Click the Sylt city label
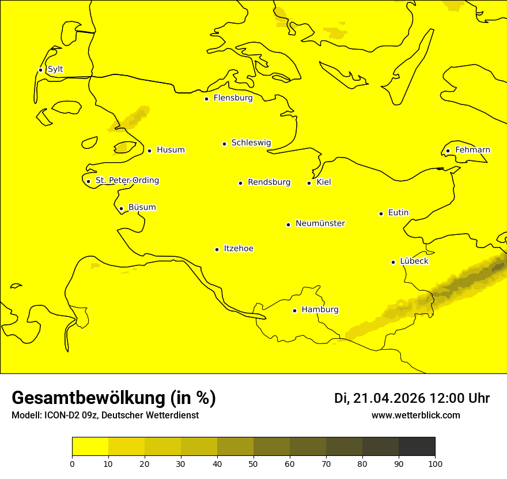[x=55, y=69]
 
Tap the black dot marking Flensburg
[x=206, y=99]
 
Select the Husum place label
[x=171, y=150]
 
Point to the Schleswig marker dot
[x=224, y=144]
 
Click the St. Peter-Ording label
[x=127, y=181]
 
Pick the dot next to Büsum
[x=121, y=208]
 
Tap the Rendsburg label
[x=269, y=182]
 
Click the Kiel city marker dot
[x=309, y=183]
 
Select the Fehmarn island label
[x=472, y=150]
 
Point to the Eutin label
[x=398, y=213]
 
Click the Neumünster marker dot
[x=288, y=224]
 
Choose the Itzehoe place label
[x=239, y=249]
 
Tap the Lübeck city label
[x=414, y=261]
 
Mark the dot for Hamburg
[x=294, y=310]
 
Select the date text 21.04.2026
[x=389, y=398]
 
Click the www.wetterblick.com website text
[x=415, y=416]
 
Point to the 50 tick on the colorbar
[x=253, y=463]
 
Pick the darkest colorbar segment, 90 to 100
[x=417, y=446]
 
